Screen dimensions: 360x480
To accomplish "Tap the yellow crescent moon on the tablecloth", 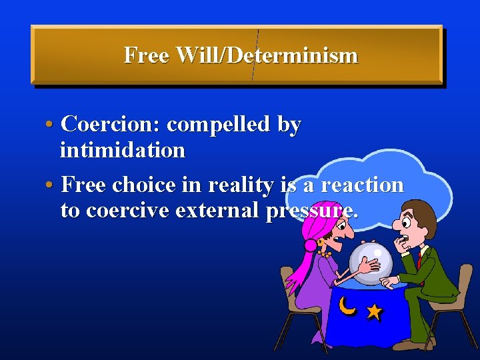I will click(347, 305).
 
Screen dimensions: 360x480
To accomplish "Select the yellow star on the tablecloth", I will click(374, 311).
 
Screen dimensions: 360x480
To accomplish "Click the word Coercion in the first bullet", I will click(109, 124).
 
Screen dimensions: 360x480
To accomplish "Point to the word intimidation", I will click(122, 150).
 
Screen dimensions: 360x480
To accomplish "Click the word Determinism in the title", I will click(292, 55).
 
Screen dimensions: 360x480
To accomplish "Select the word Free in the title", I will click(146, 55).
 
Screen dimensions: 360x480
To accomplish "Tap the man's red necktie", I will click(419, 259).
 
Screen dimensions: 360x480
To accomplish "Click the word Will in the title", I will click(198, 55).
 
